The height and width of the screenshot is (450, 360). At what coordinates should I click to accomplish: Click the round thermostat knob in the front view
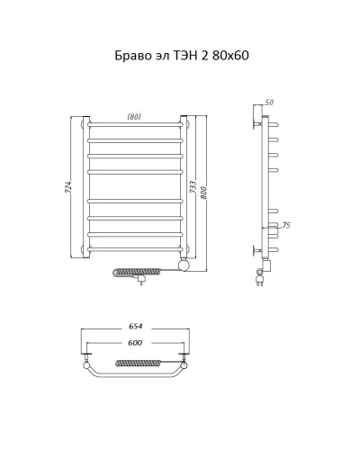click(x=184, y=264)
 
